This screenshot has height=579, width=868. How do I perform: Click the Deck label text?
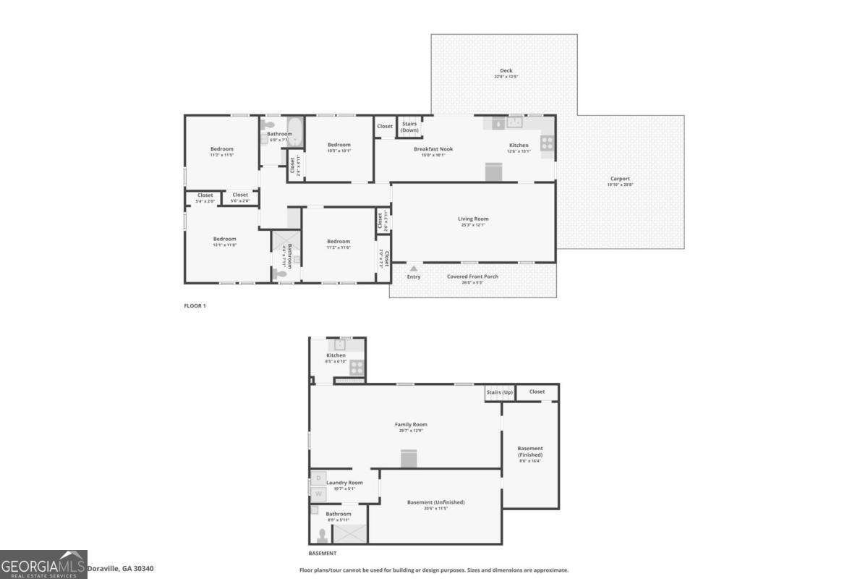[x=507, y=71]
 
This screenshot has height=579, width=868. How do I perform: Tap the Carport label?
[x=620, y=179]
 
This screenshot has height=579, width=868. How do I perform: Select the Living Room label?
[x=473, y=219]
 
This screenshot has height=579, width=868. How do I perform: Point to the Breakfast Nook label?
[x=429, y=149]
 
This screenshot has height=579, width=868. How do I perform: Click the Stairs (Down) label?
[x=410, y=127]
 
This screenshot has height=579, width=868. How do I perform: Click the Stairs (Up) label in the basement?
[x=499, y=392]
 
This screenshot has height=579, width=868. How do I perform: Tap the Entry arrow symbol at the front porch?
[x=414, y=268]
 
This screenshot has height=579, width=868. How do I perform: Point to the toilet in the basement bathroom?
[x=322, y=536]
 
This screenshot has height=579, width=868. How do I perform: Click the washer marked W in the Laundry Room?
[x=318, y=494]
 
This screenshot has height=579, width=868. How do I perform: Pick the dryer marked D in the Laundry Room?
[x=318, y=478]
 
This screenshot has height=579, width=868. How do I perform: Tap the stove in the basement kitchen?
[x=357, y=368]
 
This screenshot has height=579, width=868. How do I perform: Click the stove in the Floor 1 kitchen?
[x=548, y=143]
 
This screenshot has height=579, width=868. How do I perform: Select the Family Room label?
[x=411, y=425]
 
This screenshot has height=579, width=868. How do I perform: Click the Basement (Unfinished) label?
[x=435, y=502]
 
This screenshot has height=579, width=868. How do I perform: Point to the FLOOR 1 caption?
[x=195, y=306]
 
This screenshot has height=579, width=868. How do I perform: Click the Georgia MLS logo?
[x=43, y=565]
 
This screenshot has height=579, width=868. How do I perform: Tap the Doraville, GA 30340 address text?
[x=120, y=569]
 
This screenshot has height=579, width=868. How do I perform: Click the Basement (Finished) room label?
[x=530, y=452]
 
